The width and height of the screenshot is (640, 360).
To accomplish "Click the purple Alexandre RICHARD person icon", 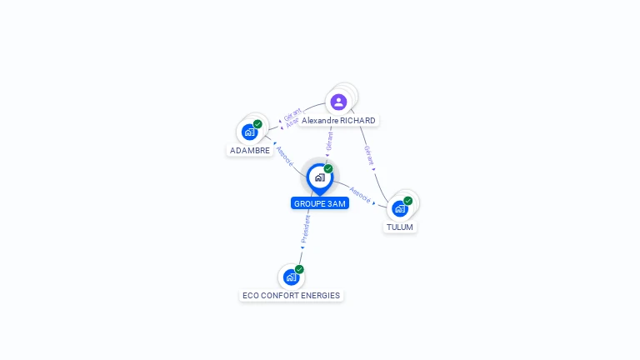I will point(338,102).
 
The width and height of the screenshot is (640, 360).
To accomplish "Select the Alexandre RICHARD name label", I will point(338,121).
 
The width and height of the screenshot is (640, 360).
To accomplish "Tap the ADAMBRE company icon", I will point(249,132).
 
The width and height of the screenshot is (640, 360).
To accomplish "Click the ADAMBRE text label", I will point(250,151).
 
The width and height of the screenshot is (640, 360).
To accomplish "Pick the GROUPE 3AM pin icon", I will point(319,177).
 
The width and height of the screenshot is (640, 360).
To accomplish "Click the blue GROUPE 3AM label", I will point(320,203).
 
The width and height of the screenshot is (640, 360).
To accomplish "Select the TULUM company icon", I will point(400,208).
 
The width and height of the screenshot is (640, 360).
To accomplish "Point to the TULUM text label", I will point(400,227).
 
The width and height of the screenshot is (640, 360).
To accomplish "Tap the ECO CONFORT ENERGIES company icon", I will point(291,277).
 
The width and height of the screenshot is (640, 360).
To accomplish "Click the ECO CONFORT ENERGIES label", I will point(292,295).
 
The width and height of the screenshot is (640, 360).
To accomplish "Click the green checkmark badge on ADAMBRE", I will point(258,124).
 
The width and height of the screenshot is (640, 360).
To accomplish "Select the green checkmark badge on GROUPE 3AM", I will point(328,169).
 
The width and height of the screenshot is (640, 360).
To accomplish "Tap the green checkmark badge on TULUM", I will point(408,201).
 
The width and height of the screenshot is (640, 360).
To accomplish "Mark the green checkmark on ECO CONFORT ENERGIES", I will point(299,269).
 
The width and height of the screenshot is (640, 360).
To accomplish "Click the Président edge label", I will point(306,228).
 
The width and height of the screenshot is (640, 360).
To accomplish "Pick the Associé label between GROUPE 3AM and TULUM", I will point(361,194).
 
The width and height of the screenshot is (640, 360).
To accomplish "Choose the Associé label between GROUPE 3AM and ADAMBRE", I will point(285,156).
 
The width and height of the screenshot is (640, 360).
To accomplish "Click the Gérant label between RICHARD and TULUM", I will point(367,155).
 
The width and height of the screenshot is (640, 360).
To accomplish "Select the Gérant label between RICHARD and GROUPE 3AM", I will point(330,141).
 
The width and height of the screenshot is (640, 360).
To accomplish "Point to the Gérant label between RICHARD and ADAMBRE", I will point(292,114).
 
